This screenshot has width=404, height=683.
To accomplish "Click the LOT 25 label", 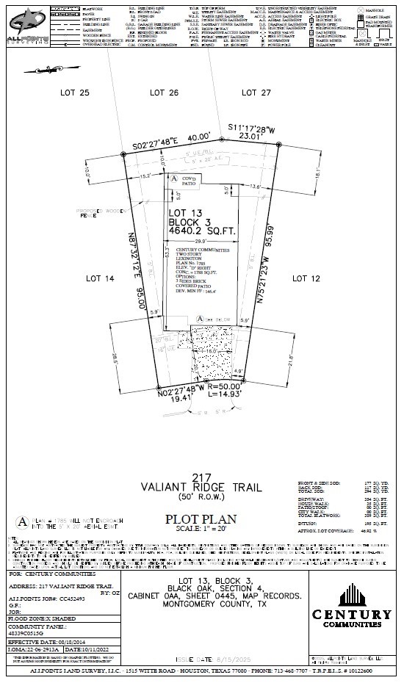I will tap(73, 93).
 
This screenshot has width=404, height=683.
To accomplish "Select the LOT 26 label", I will tap(164, 93).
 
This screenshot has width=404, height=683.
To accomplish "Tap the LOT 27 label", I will tap(256, 93).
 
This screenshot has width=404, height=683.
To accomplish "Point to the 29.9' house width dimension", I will tap(201, 242).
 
